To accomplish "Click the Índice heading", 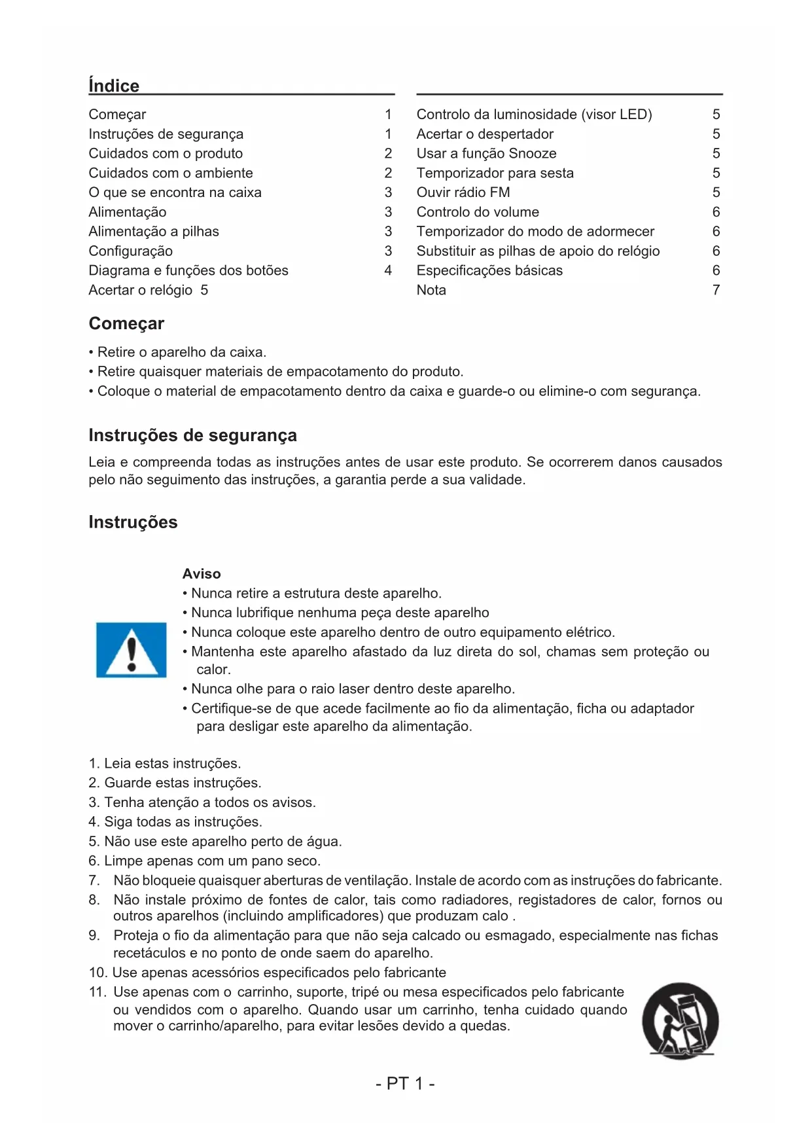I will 114,86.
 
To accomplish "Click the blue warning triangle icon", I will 132,650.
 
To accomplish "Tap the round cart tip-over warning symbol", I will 680,1020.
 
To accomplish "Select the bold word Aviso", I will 202,573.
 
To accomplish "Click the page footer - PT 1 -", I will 405,1083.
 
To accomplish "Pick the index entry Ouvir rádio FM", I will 463,192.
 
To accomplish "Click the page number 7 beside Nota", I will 716,290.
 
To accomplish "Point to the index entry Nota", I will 431,290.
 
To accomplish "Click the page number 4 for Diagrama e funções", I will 388,270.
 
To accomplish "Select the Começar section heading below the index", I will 126,323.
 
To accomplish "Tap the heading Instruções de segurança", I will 192,435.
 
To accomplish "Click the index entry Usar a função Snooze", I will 486,153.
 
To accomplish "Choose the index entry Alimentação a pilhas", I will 154,231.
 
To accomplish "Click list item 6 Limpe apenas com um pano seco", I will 205,861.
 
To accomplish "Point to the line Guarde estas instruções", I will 175,783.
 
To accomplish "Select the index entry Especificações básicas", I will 489,270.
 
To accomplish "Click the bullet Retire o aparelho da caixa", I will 178,352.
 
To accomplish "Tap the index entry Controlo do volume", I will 478,212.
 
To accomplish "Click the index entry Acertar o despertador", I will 485,134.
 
